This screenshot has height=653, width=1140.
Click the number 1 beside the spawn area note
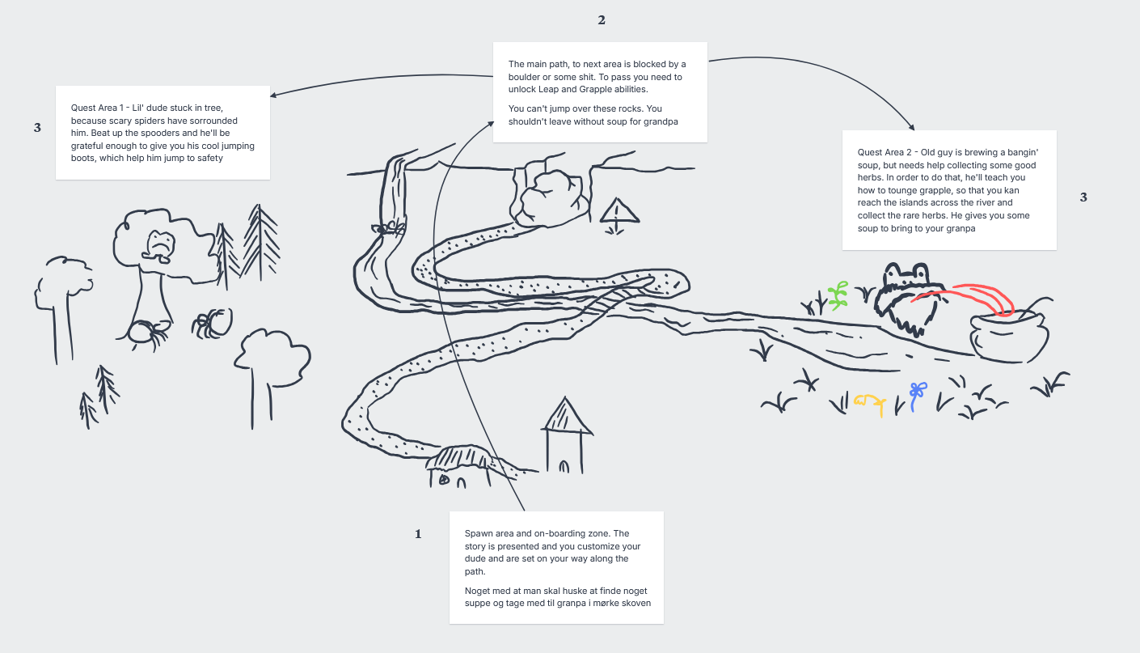418,534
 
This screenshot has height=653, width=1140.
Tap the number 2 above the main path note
602,20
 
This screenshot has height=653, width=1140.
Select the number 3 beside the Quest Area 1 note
37,127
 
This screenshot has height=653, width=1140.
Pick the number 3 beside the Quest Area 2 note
1083,197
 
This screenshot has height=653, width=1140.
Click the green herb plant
838,296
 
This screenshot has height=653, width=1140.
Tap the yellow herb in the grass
870,404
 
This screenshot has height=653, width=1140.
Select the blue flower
917,396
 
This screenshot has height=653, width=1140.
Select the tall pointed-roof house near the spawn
566,435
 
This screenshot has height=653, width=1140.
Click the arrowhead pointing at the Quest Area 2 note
911,127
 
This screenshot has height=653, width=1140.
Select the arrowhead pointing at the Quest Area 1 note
273,95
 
